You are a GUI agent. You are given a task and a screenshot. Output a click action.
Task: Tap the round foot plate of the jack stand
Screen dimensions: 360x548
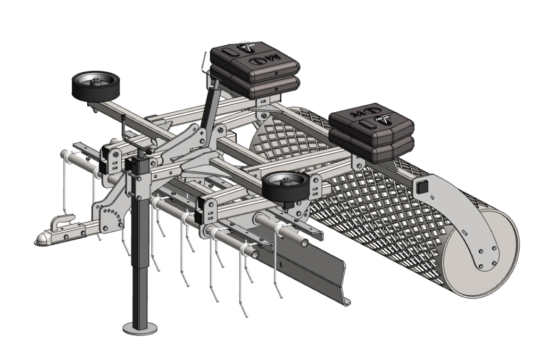140,328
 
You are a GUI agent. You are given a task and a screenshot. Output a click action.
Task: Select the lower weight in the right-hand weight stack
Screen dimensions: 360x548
372,149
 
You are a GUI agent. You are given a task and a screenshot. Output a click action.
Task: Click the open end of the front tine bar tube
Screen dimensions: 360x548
304,242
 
